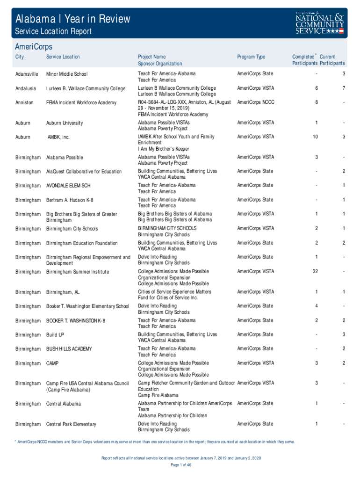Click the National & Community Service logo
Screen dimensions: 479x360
pyautogui.click(x=320, y=22)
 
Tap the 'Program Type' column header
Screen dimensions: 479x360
pyautogui.click(x=251, y=57)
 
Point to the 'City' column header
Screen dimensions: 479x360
pyautogui.click(x=20, y=57)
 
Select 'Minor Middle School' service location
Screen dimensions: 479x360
pyautogui.click(x=67, y=74)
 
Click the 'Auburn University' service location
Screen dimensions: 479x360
pyautogui.click(x=65, y=123)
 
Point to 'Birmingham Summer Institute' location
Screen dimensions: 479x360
pyautogui.click(x=78, y=272)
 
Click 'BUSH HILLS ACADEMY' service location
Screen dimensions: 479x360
pyautogui.click(x=69, y=349)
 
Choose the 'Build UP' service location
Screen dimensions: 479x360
pyautogui.click(x=55, y=335)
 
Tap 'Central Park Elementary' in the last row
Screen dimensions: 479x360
pyautogui.click(x=71, y=424)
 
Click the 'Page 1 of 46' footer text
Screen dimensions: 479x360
pyautogui.click(x=180, y=465)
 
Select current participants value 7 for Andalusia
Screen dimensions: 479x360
pyautogui.click(x=343, y=88)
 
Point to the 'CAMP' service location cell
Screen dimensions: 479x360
pyautogui.click(x=52, y=363)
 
